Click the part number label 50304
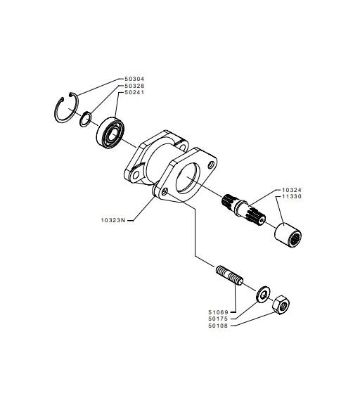134,79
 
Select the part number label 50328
134,86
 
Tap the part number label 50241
134,93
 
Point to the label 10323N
113,220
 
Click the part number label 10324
292,190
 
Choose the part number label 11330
292,196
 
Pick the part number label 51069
218,312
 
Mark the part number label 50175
218,319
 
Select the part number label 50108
218,326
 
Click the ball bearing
110,132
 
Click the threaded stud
229,275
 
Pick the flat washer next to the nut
263,295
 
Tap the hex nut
281,305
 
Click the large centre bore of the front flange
188,178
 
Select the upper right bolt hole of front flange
212,165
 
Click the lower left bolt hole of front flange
165,191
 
